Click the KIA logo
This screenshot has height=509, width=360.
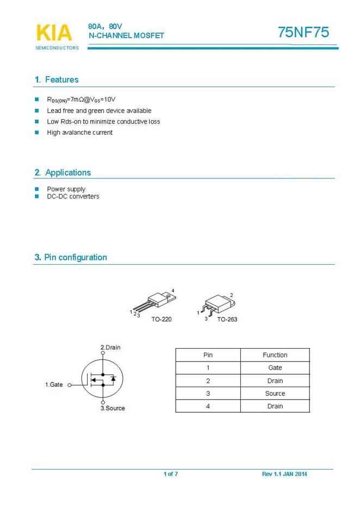pos(54,33)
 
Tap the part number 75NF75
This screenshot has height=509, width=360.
pos(303,33)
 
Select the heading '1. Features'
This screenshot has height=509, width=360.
pos(57,80)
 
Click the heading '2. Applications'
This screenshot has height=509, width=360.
pos(63,173)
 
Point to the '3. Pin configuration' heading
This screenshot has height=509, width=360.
pos(71,258)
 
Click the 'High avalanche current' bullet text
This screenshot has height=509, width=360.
pos(79,133)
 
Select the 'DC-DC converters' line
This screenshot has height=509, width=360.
pos(73,196)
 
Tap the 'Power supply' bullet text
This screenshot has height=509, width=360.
pos(66,189)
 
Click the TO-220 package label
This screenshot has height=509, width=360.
pos(162,319)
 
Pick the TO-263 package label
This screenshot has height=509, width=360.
pos(227,319)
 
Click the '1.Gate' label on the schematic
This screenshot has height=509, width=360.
pos(54,385)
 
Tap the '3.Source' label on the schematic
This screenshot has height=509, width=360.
pos(113,408)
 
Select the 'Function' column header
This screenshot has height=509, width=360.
pos(275,355)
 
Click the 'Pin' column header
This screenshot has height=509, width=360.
pos(208,355)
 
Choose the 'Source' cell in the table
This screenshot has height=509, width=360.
pos(275,394)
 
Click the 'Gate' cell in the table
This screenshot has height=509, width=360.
pos(275,368)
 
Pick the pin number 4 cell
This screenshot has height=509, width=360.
pos(208,406)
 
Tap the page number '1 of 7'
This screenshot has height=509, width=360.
pos(171,474)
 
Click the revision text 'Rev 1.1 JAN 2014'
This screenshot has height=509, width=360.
pos(284,474)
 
